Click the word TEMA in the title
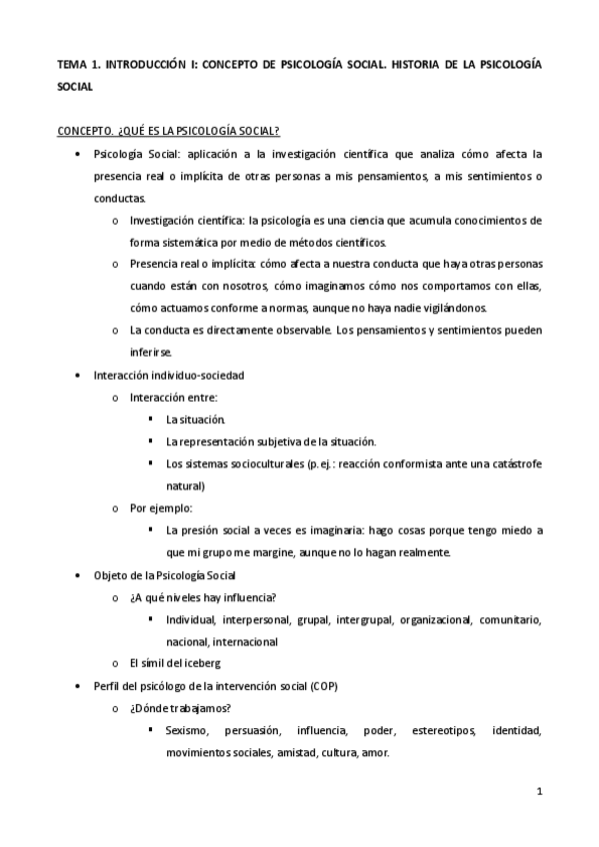pyautogui.click(x=72, y=63)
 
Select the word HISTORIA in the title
pyautogui.click(x=417, y=63)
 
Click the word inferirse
pyautogui.click(x=151, y=352)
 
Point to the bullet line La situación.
pyautogui.click(x=196, y=420)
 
